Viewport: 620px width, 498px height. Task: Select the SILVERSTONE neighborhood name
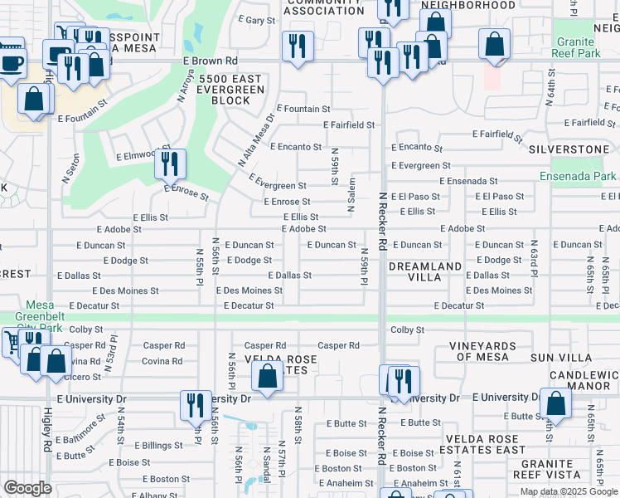[x=569, y=149]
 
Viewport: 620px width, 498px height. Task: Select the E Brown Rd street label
[x=211, y=61]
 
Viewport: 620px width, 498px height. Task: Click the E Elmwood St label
[x=136, y=155]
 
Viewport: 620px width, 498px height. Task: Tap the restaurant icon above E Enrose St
[x=170, y=164]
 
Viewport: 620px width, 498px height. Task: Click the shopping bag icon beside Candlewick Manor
[x=556, y=403]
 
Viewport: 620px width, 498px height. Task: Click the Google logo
[x=27, y=488]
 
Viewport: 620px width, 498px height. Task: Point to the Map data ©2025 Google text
[x=569, y=491]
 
